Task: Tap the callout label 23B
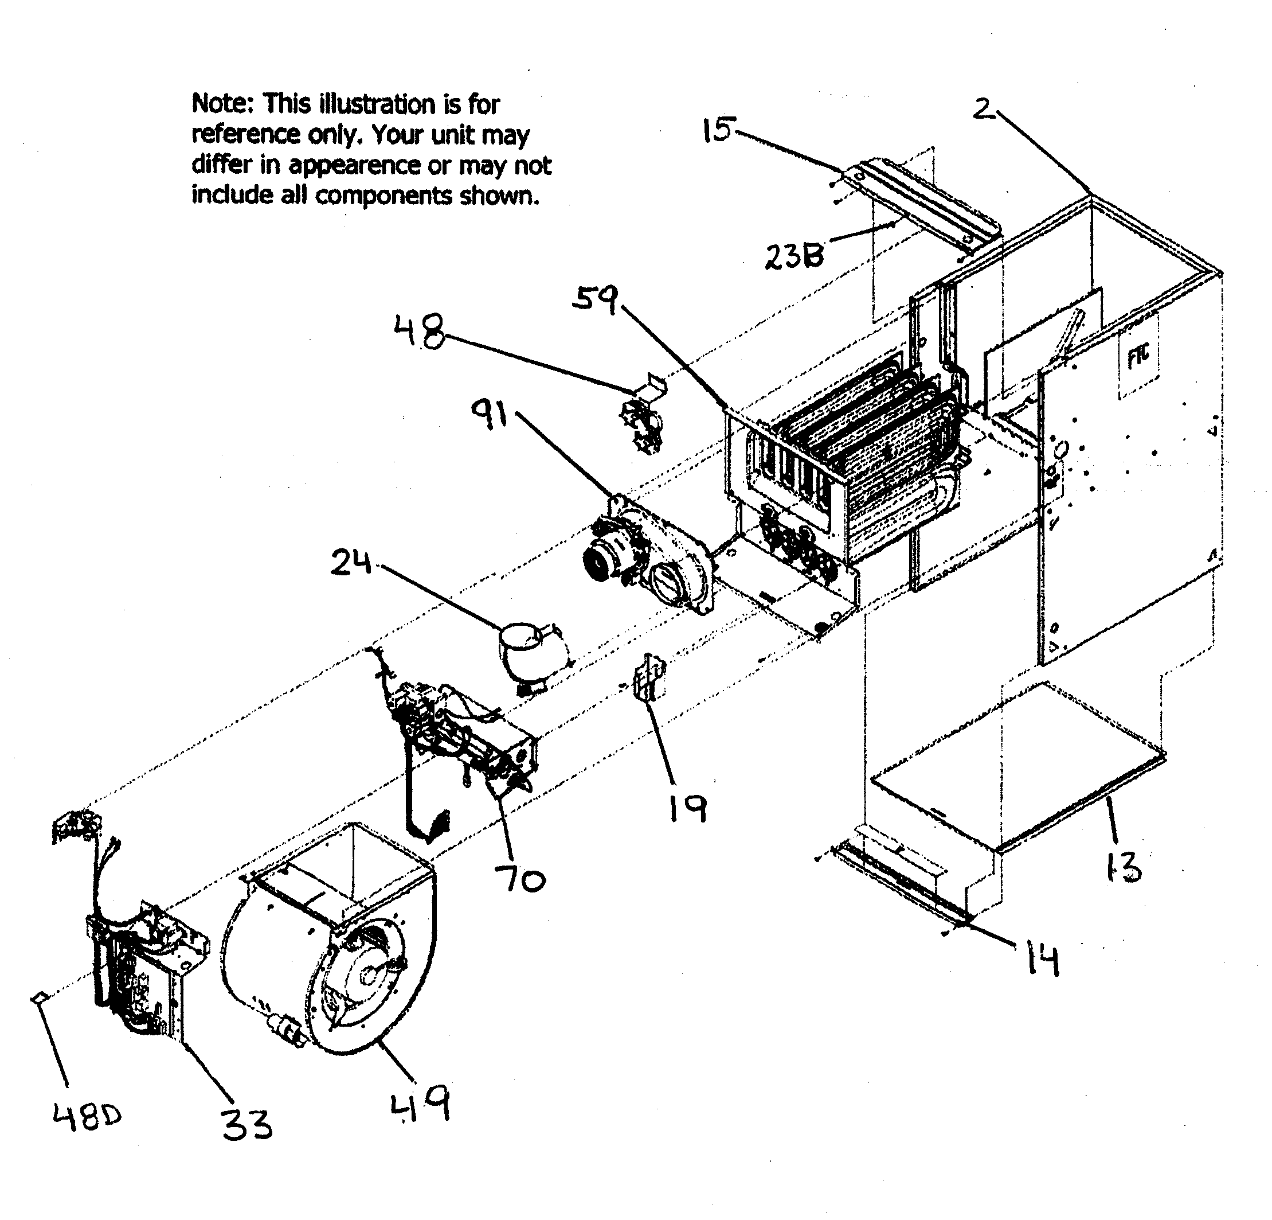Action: [x=794, y=255]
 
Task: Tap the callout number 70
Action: [x=519, y=880]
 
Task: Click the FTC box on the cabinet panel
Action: [x=1139, y=356]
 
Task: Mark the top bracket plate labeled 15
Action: [x=922, y=205]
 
